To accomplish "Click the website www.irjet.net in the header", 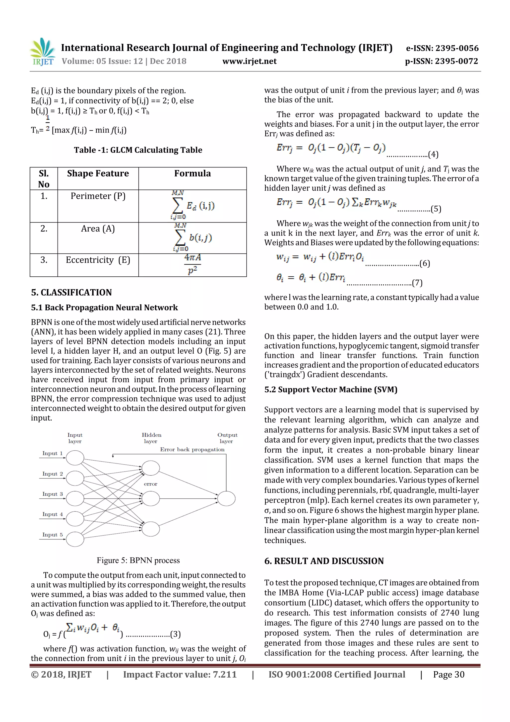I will click(x=249, y=61).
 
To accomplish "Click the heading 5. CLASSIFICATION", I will click(x=71, y=292).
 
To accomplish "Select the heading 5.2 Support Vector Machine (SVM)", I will click(x=330, y=390).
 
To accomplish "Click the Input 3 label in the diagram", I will click(x=53, y=494).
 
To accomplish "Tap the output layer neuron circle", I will click(x=226, y=499).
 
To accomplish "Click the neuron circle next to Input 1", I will click(x=75, y=458).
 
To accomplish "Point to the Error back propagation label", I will click(x=192, y=450).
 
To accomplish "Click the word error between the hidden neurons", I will click(x=150, y=484).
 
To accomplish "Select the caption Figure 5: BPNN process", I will click(x=138, y=560).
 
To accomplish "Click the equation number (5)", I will click(x=436, y=209).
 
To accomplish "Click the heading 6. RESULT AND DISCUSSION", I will click(x=324, y=561).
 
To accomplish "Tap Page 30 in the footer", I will click(x=448, y=674).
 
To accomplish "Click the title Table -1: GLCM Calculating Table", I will click(x=138, y=150).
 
